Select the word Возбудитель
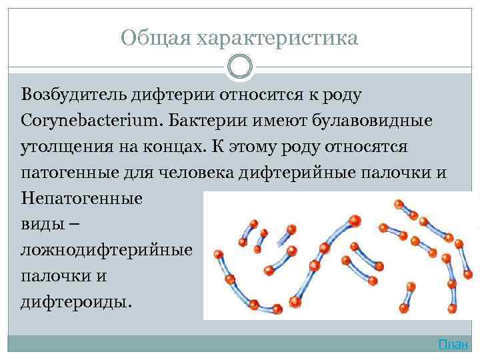coord(71,95)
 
